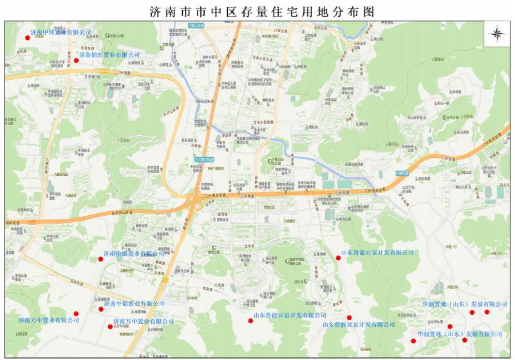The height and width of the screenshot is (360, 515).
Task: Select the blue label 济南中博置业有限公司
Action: click(x=61, y=32)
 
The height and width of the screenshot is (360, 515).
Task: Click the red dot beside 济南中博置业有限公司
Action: click(x=27, y=38)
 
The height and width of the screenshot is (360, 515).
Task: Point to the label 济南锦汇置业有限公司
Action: click(x=109, y=55)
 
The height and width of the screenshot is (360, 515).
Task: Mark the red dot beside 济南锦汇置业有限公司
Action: click(x=76, y=61)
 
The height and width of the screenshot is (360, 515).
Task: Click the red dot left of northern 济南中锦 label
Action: click(x=101, y=259)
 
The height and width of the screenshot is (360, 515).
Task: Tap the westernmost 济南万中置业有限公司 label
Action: click(x=48, y=320)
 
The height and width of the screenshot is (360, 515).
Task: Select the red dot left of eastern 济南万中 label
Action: click(x=110, y=326)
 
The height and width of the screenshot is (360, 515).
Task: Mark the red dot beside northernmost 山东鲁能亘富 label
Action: click(x=339, y=258)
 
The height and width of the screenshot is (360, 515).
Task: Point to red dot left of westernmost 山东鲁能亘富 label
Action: click(x=250, y=320)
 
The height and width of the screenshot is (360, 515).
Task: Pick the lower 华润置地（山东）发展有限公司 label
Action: click(x=460, y=334)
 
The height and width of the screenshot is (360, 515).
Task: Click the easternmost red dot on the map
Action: click(x=487, y=312)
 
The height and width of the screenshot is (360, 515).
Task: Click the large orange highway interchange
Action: click(x=194, y=201)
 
